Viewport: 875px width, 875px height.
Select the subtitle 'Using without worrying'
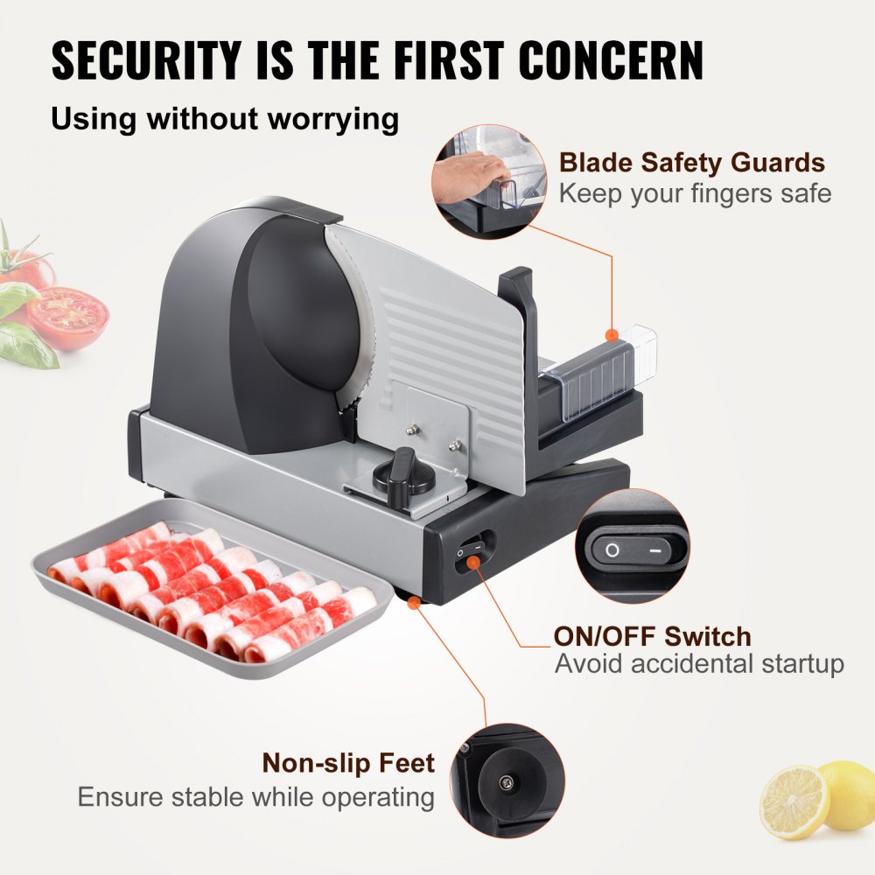point(225,117)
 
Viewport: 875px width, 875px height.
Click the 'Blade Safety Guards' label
point(692,163)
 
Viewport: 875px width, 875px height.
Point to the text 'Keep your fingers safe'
point(695,193)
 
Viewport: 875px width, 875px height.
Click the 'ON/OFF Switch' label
point(652,636)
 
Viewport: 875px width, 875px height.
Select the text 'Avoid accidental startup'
point(699,664)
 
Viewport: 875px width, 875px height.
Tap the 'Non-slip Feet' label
point(348,763)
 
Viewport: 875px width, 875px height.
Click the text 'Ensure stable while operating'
point(255,797)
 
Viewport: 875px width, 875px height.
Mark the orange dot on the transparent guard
point(613,335)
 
